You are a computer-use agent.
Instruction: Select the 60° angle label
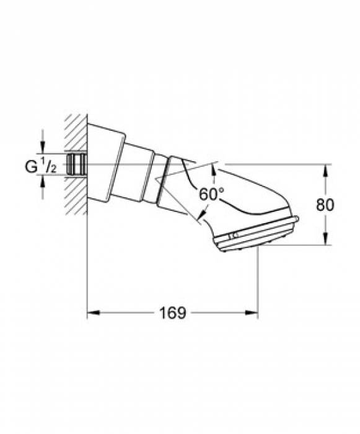click(211, 193)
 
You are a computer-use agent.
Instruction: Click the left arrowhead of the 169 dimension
click(90, 313)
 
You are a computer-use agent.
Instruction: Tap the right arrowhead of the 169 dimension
click(254, 313)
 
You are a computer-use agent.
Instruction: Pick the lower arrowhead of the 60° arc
click(200, 218)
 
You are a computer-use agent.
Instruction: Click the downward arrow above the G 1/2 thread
click(42, 149)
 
